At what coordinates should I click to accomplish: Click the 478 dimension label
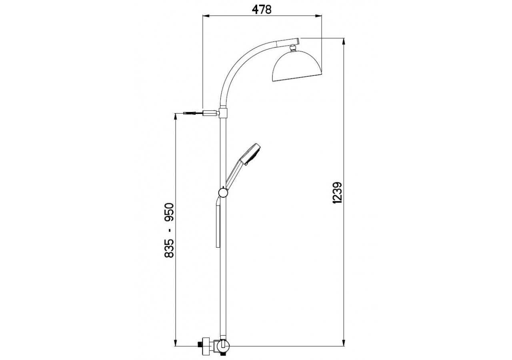tap(262, 10)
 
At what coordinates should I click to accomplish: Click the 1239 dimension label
tap(337, 193)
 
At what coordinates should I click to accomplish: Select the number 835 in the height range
tap(169, 248)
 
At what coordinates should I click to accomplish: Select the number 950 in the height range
tap(169, 212)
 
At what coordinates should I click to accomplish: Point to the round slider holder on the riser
tap(223, 192)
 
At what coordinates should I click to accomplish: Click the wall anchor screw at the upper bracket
tap(190, 113)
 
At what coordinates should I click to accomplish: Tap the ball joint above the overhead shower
tap(293, 48)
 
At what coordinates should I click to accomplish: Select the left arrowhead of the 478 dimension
tap(206, 16)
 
